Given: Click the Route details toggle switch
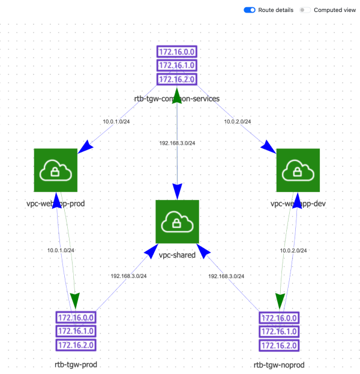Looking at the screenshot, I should (250, 10).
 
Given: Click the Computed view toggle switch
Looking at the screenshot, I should (305, 10).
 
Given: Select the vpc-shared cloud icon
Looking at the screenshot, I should (177, 222).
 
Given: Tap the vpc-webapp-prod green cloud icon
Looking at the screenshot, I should (56, 171).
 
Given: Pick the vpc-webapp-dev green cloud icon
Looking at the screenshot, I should (298, 171).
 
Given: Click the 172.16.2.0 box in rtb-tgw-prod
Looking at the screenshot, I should (76, 345).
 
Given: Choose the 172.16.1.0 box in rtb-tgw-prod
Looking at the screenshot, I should (76, 331).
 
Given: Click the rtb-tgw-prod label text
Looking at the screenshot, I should (76, 364).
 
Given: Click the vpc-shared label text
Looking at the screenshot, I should (177, 255).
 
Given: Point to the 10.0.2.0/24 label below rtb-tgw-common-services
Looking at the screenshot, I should (238, 122).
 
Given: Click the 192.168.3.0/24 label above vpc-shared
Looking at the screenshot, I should (177, 143).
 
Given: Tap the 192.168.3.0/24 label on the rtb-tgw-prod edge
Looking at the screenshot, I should (128, 276).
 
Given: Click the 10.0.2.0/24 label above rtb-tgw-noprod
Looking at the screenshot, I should (293, 250).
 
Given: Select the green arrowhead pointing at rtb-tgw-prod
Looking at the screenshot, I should (75, 300).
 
